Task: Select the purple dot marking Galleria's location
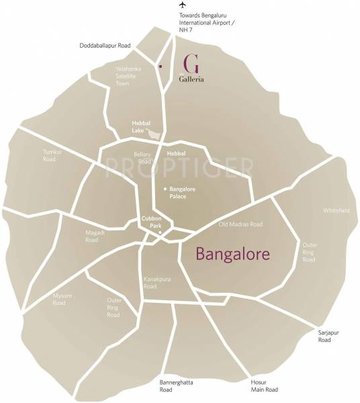[160, 66]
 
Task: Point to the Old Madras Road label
[240, 224]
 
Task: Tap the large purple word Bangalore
[232, 255]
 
